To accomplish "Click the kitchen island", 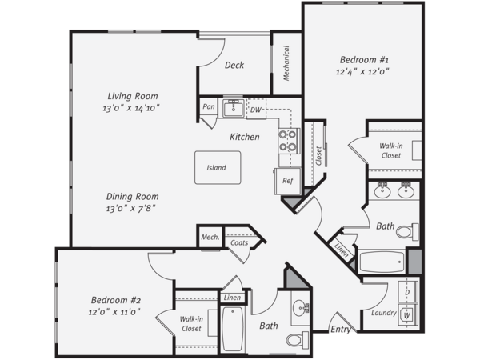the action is click(x=218, y=167).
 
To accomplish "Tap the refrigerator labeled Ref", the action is click(x=287, y=181).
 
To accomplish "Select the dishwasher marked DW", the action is click(x=256, y=110).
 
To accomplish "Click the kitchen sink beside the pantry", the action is click(x=234, y=108).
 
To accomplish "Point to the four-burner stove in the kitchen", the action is click(x=288, y=141).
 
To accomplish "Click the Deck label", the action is click(x=234, y=65).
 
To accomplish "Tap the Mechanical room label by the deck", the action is click(x=286, y=63).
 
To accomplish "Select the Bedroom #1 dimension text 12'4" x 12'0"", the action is click(x=362, y=72).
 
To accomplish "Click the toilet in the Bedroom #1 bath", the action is click(x=407, y=231).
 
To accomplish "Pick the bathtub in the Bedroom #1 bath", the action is click(x=382, y=262).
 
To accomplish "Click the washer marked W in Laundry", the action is click(x=407, y=314).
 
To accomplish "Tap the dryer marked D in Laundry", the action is click(x=407, y=292).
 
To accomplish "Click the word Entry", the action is click(x=341, y=330).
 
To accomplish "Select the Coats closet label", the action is click(x=239, y=242).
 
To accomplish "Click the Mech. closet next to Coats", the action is click(x=210, y=237).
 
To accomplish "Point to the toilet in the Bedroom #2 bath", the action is click(x=298, y=339).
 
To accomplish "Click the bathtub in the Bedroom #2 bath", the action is click(x=233, y=329).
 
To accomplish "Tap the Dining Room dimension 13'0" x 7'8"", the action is click(x=130, y=209).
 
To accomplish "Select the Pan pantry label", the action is click(x=209, y=106).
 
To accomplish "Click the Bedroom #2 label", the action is click(x=116, y=300).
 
